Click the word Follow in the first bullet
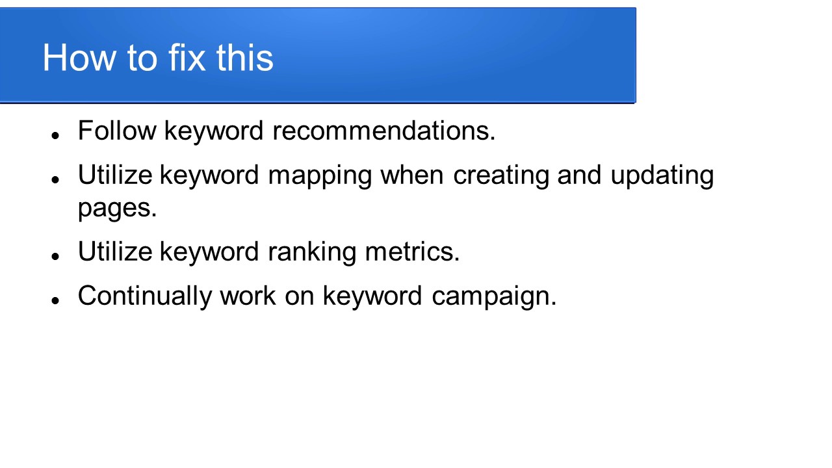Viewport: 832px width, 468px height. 117,131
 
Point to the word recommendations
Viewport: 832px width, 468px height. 383,131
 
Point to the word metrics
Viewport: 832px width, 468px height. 412,252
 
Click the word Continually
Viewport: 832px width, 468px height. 144,296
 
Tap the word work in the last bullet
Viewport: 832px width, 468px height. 248,296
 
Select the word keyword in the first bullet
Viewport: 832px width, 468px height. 214,131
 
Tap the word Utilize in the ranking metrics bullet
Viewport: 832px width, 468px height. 115,252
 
